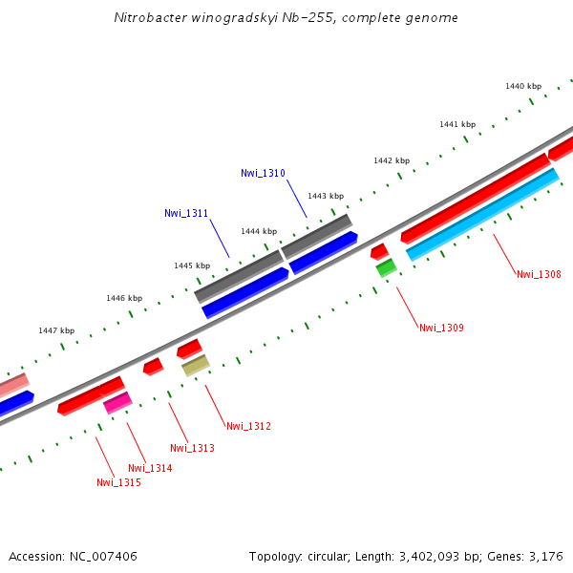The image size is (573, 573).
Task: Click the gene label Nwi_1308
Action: tap(539, 274)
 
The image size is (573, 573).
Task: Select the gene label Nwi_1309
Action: tap(441, 328)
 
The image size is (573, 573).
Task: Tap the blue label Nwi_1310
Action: tap(263, 173)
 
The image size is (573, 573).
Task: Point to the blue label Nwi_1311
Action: tap(186, 213)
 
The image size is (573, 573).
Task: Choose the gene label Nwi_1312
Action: tap(248, 426)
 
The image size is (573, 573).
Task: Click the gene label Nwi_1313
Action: tap(192, 448)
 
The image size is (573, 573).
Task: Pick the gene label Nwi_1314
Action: tap(150, 468)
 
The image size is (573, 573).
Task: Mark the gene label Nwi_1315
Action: tap(118, 482)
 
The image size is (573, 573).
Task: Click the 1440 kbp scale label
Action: tap(523, 86)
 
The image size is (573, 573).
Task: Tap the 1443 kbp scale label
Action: tap(326, 196)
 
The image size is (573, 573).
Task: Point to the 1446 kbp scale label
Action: tap(124, 298)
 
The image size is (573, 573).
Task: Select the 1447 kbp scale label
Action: tap(56, 330)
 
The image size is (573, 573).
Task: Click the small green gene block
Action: tap(386, 268)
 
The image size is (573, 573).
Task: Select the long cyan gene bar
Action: tap(482, 215)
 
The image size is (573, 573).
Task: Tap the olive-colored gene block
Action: tap(196, 365)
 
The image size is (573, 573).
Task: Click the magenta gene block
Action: tap(117, 403)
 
